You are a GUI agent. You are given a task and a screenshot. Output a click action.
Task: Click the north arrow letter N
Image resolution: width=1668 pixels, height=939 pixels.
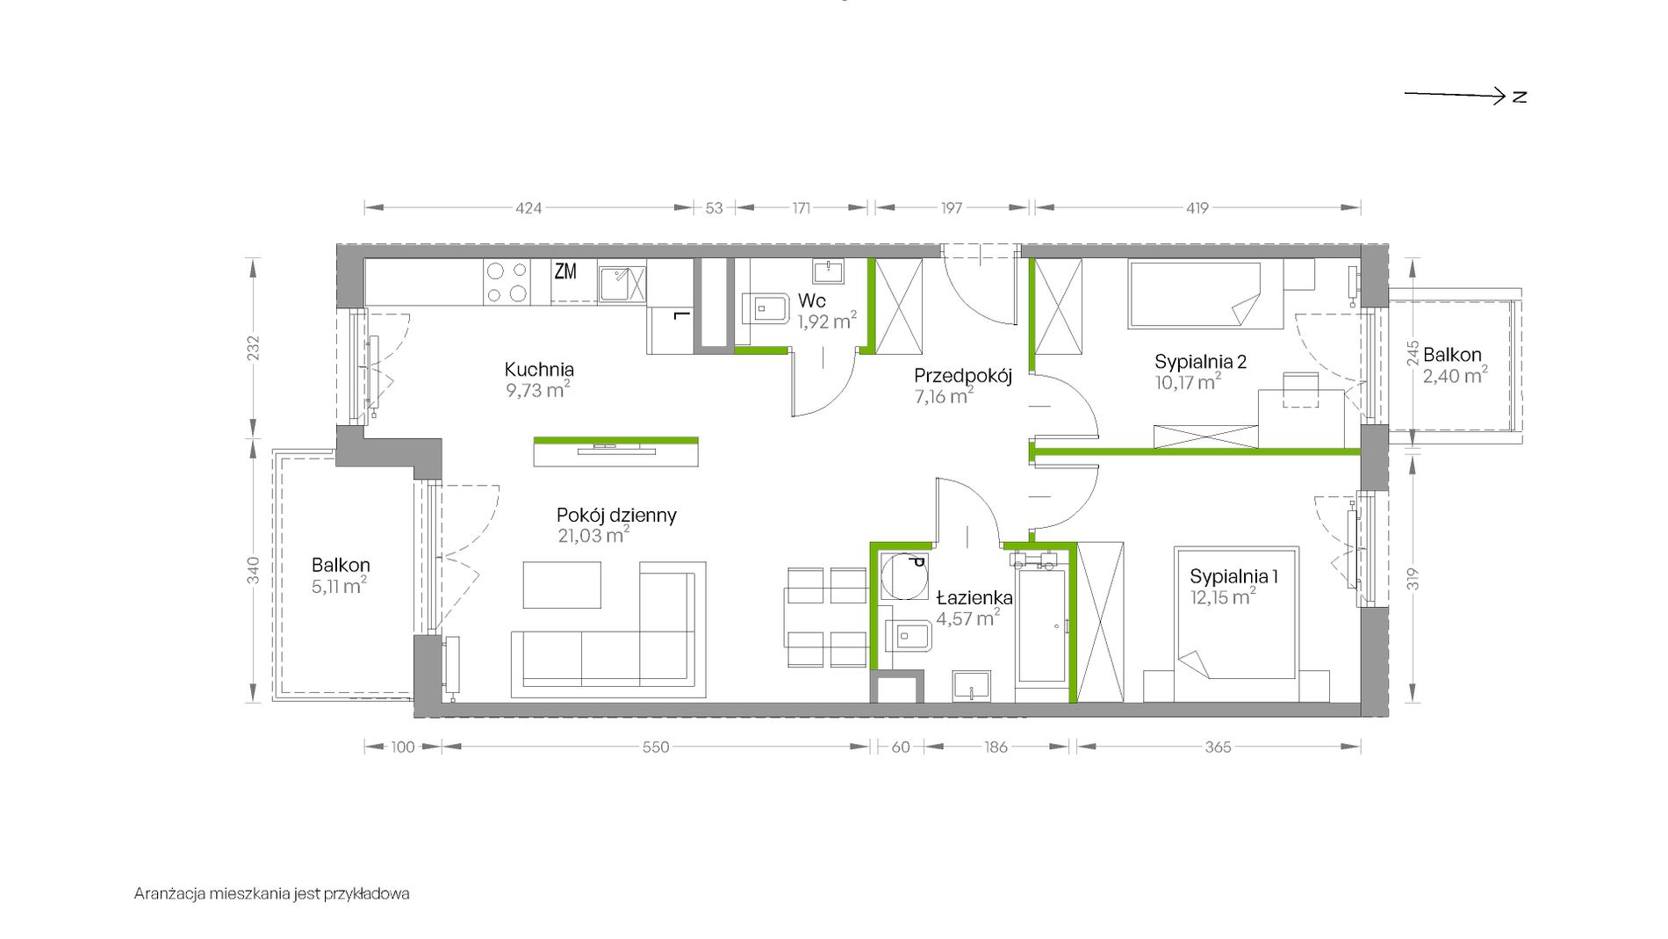point(1520,97)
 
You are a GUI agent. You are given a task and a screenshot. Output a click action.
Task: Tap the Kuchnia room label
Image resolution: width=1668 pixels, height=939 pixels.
point(539,370)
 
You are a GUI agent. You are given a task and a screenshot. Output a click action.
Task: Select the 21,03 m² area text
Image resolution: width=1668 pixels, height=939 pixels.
point(593,535)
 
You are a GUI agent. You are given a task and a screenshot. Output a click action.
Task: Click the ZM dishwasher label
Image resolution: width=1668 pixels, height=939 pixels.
point(565,271)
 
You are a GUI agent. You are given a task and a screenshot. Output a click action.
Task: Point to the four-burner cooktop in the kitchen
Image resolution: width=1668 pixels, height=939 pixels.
point(507,282)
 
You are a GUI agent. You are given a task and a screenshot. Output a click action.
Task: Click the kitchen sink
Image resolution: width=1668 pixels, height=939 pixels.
point(622,283)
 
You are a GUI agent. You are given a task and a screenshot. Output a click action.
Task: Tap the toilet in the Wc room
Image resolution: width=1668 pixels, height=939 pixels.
point(766,309)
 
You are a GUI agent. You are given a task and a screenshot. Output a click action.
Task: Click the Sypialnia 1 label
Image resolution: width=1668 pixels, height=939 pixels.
point(1233,577)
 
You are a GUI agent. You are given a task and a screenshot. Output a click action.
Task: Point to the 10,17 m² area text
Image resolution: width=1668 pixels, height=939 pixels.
point(1188,382)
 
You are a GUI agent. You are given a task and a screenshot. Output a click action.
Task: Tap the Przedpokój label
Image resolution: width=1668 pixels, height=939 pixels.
point(963,376)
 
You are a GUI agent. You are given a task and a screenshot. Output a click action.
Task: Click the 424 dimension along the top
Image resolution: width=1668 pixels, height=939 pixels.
point(528,208)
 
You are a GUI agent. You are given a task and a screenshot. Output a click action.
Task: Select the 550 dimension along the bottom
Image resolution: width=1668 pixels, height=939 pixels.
point(656,748)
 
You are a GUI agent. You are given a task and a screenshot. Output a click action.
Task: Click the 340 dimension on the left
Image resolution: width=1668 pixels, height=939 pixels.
point(253,570)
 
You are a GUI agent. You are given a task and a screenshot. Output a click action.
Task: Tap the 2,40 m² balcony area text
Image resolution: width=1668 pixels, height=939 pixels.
point(1455,375)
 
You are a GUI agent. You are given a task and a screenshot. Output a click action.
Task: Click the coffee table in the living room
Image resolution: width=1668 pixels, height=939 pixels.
point(562,585)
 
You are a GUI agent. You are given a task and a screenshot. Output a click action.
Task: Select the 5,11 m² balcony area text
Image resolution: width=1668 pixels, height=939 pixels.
point(339,586)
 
